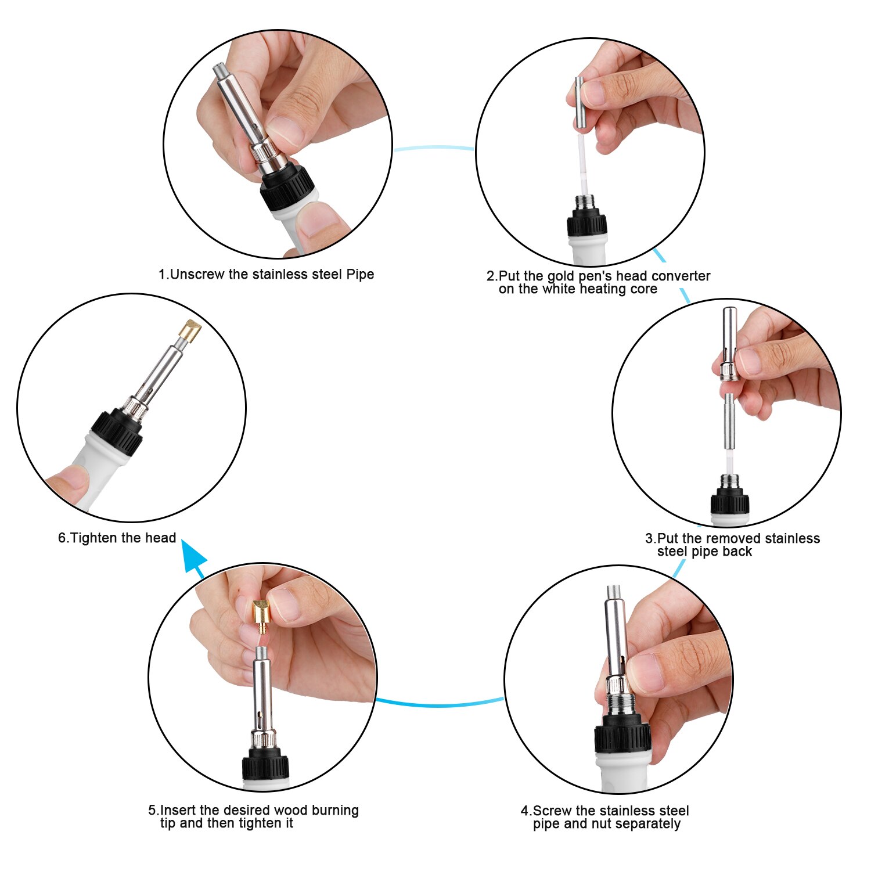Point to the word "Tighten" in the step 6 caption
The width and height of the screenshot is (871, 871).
(94, 538)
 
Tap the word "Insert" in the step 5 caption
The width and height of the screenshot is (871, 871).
(178, 810)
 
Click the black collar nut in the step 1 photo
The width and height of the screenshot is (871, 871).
(287, 185)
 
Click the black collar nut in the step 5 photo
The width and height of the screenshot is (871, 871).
(265, 764)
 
